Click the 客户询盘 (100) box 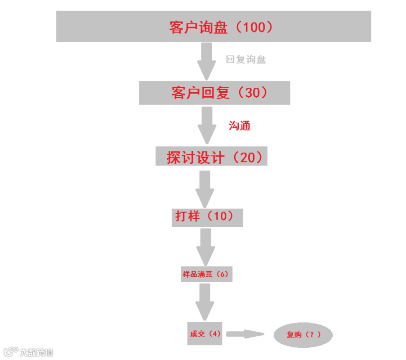(214, 27)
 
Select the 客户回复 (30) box (214, 93)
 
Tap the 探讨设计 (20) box (211, 156)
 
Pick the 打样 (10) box (207, 217)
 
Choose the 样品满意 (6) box (207, 274)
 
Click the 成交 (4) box (205, 333)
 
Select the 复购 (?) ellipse (303, 335)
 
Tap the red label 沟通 (239, 126)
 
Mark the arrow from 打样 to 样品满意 (205, 247)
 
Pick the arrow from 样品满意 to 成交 (205, 301)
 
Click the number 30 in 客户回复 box (253, 93)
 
